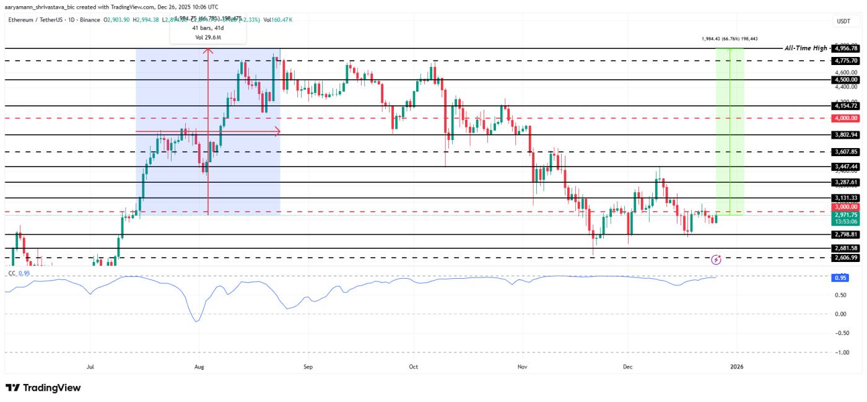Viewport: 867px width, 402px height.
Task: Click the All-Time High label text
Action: click(806, 48)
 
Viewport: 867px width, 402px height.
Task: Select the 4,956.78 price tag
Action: click(846, 48)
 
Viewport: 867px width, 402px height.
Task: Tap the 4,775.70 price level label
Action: click(846, 61)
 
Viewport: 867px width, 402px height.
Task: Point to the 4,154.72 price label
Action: click(846, 106)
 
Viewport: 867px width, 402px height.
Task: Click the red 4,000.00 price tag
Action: click(846, 118)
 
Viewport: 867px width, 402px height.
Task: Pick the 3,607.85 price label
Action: click(846, 152)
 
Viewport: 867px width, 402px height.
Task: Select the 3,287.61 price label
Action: click(846, 182)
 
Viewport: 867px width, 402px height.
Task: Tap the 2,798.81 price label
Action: click(846, 235)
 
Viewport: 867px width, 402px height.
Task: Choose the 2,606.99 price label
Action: click(846, 257)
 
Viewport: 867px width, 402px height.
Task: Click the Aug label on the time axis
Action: click(199, 366)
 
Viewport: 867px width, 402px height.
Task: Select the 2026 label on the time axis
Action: click(736, 366)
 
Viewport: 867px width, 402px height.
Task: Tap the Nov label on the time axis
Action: click(522, 366)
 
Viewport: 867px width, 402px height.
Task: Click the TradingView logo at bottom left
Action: click(43, 388)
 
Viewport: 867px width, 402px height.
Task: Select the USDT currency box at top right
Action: click(843, 21)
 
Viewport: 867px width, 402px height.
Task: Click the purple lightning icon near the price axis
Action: click(717, 260)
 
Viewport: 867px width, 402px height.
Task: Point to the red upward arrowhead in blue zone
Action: click(208, 51)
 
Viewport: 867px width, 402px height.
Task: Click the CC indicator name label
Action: click(11, 273)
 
